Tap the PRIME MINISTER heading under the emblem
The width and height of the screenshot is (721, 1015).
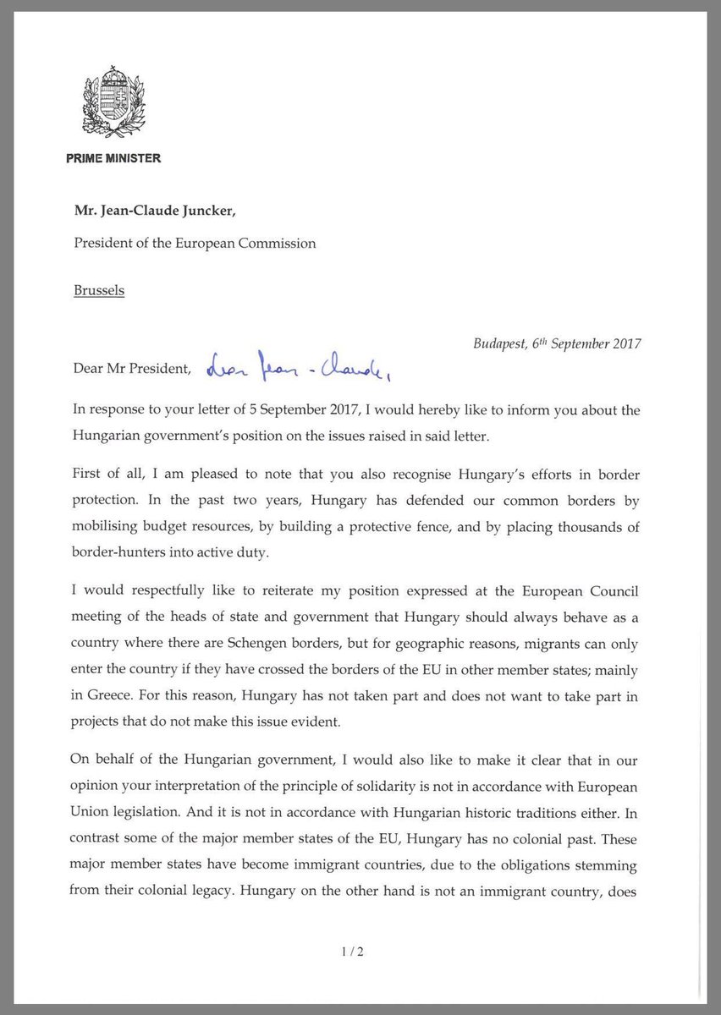pyautogui.click(x=113, y=158)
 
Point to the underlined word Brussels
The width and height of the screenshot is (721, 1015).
pyautogui.click(x=98, y=290)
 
